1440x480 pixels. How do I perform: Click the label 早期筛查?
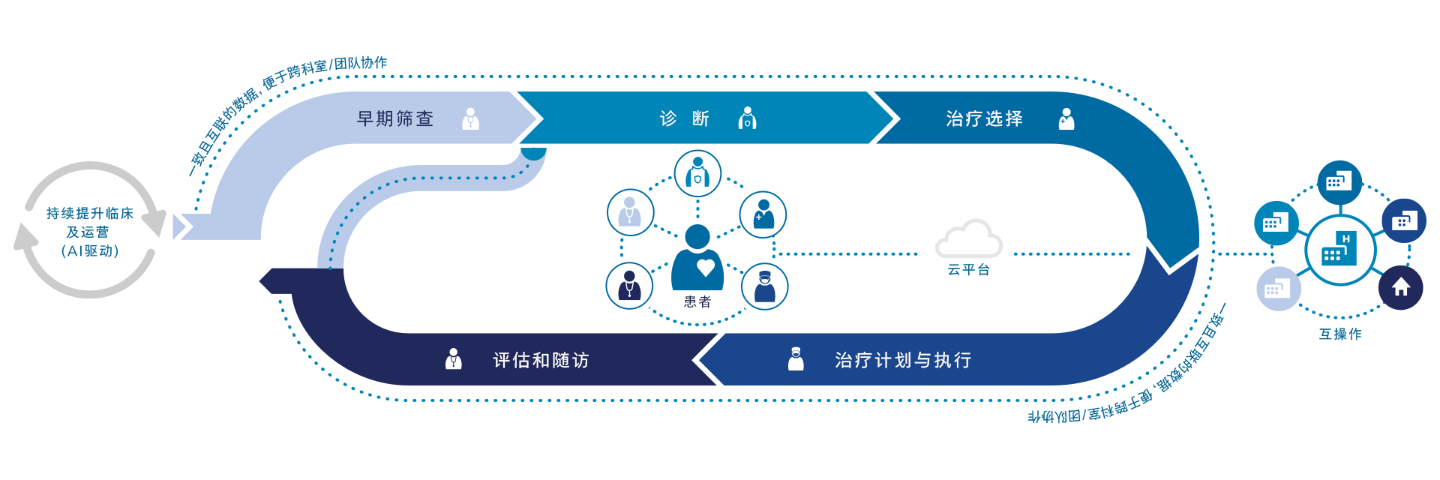pyautogui.click(x=395, y=118)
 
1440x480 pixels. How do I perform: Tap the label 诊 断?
pyautogui.click(x=685, y=118)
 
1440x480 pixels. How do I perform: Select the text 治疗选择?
pyautogui.click(x=985, y=118)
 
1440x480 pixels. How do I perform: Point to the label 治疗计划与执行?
pyautogui.click(x=903, y=360)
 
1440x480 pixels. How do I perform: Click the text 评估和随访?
pyautogui.click(x=541, y=360)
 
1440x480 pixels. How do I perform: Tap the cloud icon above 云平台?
pyautogui.click(x=969, y=238)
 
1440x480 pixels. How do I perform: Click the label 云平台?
pyautogui.click(x=969, y=270)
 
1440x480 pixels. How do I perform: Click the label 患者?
pyautogui.click(x=697, y=301)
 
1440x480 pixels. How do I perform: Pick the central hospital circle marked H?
pyautogui.click(x=1340, y=250)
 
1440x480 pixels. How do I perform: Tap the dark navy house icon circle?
pyautogui.click(x=1401, y=287)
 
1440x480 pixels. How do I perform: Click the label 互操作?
pyautogui.click(x=1340, y=334)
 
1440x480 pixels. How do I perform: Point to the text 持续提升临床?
pyautogui.click(x=90, y=213)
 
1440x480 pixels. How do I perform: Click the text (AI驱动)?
pyautogui.click(x=90, y=250)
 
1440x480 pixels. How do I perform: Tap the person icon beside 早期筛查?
pyautogui.click(x=471, y=118)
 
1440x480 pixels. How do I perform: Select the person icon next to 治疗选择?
pyautogui.click(x=1066, y=118)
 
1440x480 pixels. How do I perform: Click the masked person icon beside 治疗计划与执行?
pyautogui.click(x=796, y=359)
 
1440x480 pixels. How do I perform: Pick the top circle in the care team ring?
pyautogui.click(x=697, y=173)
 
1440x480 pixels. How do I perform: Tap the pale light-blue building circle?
pyautogui.click(x=1279, y=289)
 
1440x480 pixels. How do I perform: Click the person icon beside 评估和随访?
pyautogui.click(x=454, y=359)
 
